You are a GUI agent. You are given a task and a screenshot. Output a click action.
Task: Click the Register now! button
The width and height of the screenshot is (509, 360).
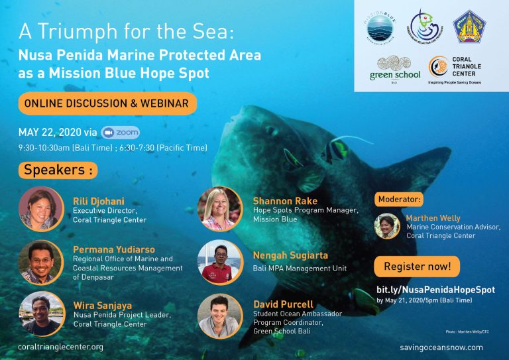click(417, 267)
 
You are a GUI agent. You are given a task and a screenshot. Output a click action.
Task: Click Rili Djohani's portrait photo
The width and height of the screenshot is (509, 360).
click(42, 209)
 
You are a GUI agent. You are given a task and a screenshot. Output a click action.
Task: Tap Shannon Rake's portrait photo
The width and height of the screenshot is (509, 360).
click(220, 209)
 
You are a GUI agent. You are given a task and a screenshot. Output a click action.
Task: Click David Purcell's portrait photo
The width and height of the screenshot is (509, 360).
click(220, 316)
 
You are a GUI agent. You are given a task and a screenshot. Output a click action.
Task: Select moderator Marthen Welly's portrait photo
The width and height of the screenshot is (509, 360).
click(388, 225)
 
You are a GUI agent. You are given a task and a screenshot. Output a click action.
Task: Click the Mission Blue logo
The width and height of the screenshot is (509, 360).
click(380, 27)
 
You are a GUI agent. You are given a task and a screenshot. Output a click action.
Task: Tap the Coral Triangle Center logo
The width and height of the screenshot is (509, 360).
click(457, 70)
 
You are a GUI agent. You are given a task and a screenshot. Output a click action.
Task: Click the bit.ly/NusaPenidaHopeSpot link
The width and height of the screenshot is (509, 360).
click(435, 290)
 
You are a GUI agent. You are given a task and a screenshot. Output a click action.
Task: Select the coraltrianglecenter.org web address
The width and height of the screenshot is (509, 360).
click(61, 347)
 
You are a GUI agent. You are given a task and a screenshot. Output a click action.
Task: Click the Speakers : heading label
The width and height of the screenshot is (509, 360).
click(57, 170)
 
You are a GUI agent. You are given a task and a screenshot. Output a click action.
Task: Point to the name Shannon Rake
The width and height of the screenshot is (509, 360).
click(285, 201)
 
